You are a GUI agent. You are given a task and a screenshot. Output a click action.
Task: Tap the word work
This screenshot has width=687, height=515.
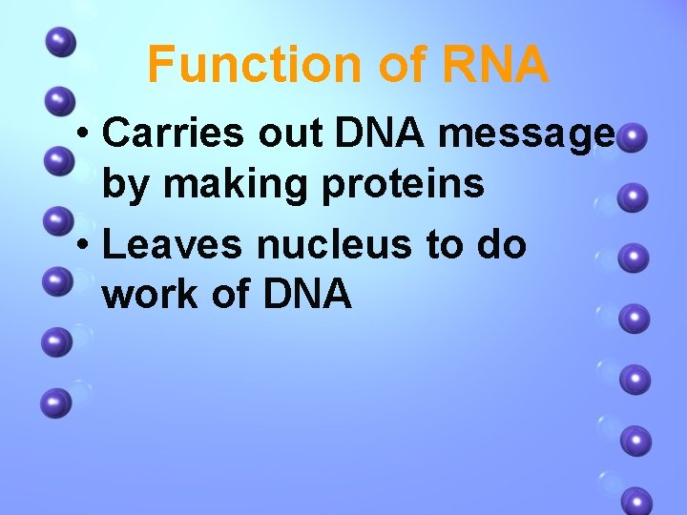[x=149, y=295]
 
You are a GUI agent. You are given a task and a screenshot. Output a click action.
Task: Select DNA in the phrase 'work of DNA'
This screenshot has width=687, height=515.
[x=306, y=295]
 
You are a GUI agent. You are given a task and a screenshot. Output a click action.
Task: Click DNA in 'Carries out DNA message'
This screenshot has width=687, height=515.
[x=381, y=135]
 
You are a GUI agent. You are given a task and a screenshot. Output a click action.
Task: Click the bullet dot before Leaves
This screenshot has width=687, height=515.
[x=85, y=246]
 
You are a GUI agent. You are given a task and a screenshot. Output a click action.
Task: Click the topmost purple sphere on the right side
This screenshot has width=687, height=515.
[x=633, y=139]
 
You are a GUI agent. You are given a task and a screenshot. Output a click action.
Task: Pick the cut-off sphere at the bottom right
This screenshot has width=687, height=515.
[x=636, y=502]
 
